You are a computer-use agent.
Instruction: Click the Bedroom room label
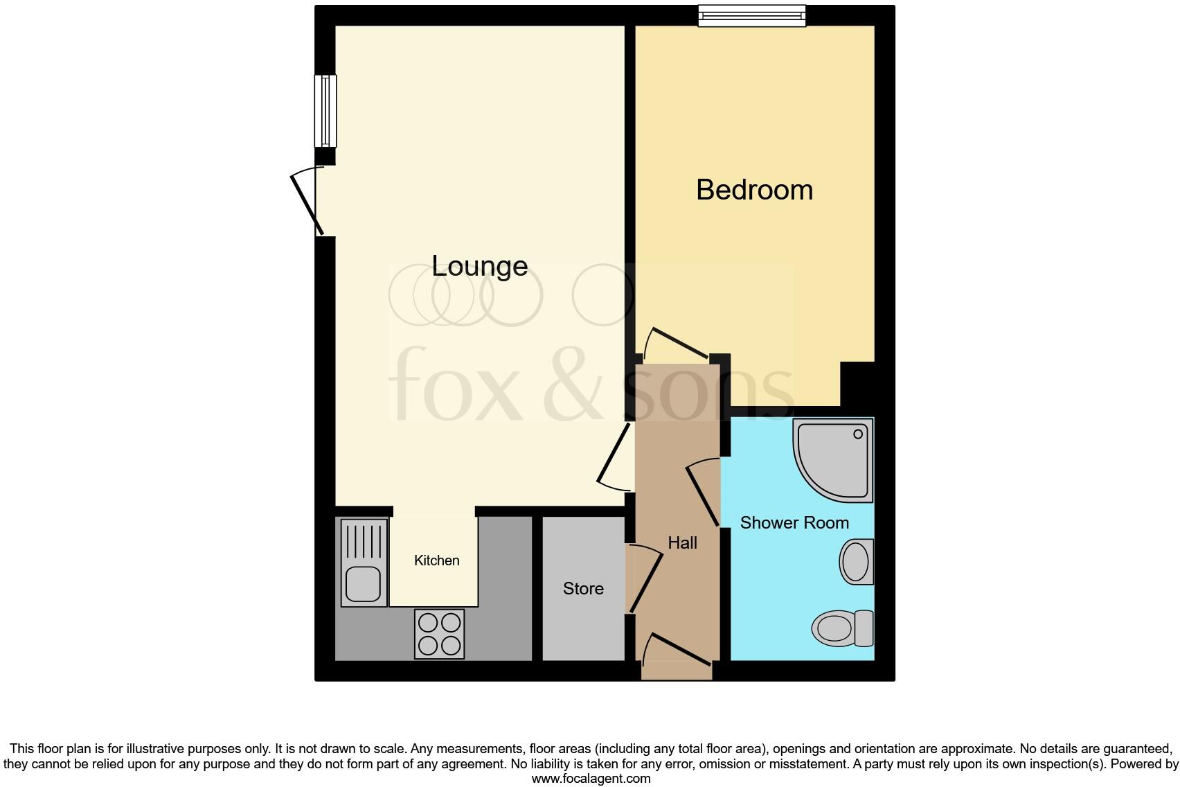tap(754, 190)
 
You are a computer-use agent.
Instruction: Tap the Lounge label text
tap(479, 266)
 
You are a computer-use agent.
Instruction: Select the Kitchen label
tap(436, 560)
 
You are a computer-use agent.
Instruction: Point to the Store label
tap(583, 588)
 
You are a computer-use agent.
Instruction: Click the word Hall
tap(682, 542)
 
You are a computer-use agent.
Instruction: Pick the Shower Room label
tap(794, 522)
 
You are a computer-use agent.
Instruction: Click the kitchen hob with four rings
tap(439, 634)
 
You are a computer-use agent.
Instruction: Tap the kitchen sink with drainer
tap(364, 563)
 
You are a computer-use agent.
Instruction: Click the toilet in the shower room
tap(842, 628)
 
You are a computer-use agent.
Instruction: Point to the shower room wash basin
tap(856, 561)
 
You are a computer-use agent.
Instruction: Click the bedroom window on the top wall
tap(751, 15)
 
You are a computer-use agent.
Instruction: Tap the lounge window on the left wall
tap(325, 111)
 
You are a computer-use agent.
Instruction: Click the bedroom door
tap(675, 344)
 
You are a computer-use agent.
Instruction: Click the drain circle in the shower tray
tap(858, 434)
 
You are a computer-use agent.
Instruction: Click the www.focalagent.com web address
tap(591, 778)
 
